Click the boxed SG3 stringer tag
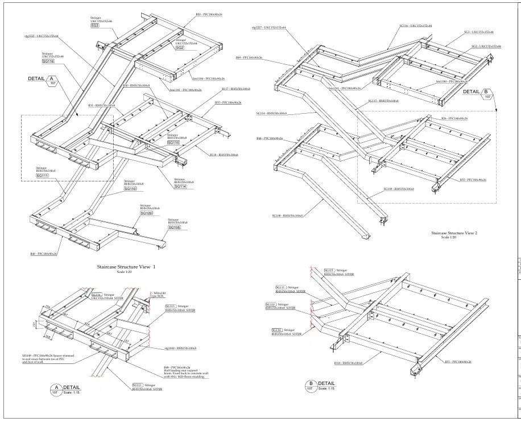[x=94, y=26]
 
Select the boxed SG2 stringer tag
[x=179, y=48]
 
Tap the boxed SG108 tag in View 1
[x=174, y=227]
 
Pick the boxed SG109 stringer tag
[x=146, y=213]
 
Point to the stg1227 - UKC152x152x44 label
[x=268, y=27]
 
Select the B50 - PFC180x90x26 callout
[x=209, y=14]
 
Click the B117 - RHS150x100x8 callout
[x=236, y=89]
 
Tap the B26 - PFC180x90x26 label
[x=454, y=118]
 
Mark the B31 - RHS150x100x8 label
[x=102, y=105]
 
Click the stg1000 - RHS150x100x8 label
[x=180, y=348]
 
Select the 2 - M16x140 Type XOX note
[x=157, y=294]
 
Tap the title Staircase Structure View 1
[x=126, y=266]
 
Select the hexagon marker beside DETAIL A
[x=52, y=80]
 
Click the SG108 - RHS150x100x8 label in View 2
[x=287, y=216]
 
